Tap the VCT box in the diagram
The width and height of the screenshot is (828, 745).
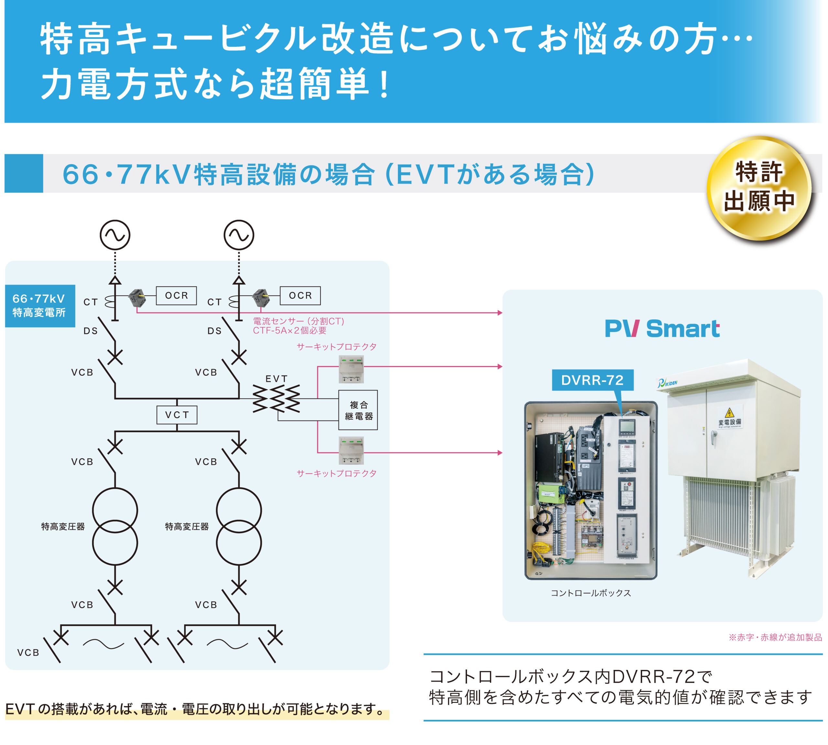point(177,415)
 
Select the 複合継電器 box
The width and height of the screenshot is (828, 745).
point(358,410)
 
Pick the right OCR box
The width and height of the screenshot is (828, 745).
point(300,295)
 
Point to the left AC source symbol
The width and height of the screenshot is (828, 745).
point(115,235)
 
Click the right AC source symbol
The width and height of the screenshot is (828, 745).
point(239,235)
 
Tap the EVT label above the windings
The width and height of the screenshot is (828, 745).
point(277,379)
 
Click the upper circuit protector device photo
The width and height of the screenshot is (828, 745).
point(351,369)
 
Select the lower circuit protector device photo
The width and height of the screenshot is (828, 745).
point(351,450)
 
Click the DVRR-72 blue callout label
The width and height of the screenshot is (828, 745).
point(592,380)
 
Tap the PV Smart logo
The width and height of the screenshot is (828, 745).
point(662,329)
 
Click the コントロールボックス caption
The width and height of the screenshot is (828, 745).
point(591,593)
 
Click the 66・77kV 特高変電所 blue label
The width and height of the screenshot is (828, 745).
point(40,305)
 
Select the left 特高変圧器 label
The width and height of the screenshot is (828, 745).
point(63,526)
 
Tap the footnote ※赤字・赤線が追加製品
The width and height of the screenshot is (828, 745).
point(775,637)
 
